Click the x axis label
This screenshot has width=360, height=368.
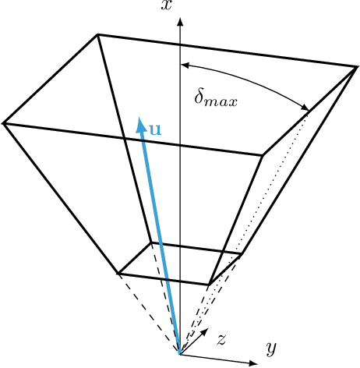click(166, 5)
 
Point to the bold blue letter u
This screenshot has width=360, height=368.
click(155, 127)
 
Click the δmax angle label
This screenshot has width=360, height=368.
click(216, 99)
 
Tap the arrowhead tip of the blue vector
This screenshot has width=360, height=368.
click(139, 118)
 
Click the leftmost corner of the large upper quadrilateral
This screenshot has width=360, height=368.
click(5, 122)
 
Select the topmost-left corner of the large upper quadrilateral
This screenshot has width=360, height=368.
click(97, 34)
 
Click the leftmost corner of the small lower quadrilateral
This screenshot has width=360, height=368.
click(118, 273)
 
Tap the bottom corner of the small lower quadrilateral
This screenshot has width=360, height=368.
click(209, 284)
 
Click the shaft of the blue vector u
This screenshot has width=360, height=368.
click(160, 234)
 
